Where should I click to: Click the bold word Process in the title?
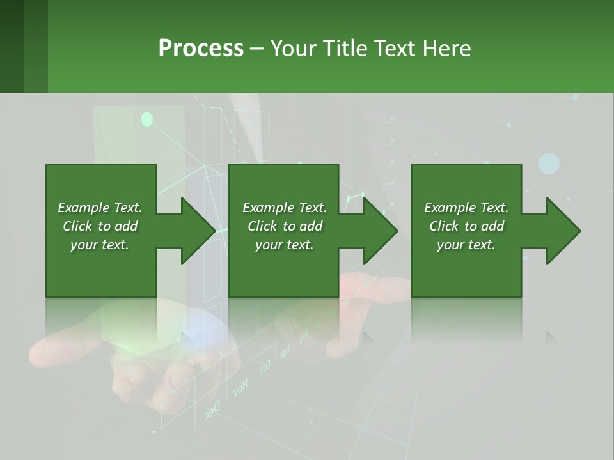(201, 49)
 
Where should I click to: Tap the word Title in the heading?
(345, 49)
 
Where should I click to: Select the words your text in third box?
(466, 245)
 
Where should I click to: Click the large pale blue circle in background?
(549, 164)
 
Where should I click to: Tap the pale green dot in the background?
(147, 119)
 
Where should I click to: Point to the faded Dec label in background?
(212, 410)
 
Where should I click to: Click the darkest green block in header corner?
(12, 46)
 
